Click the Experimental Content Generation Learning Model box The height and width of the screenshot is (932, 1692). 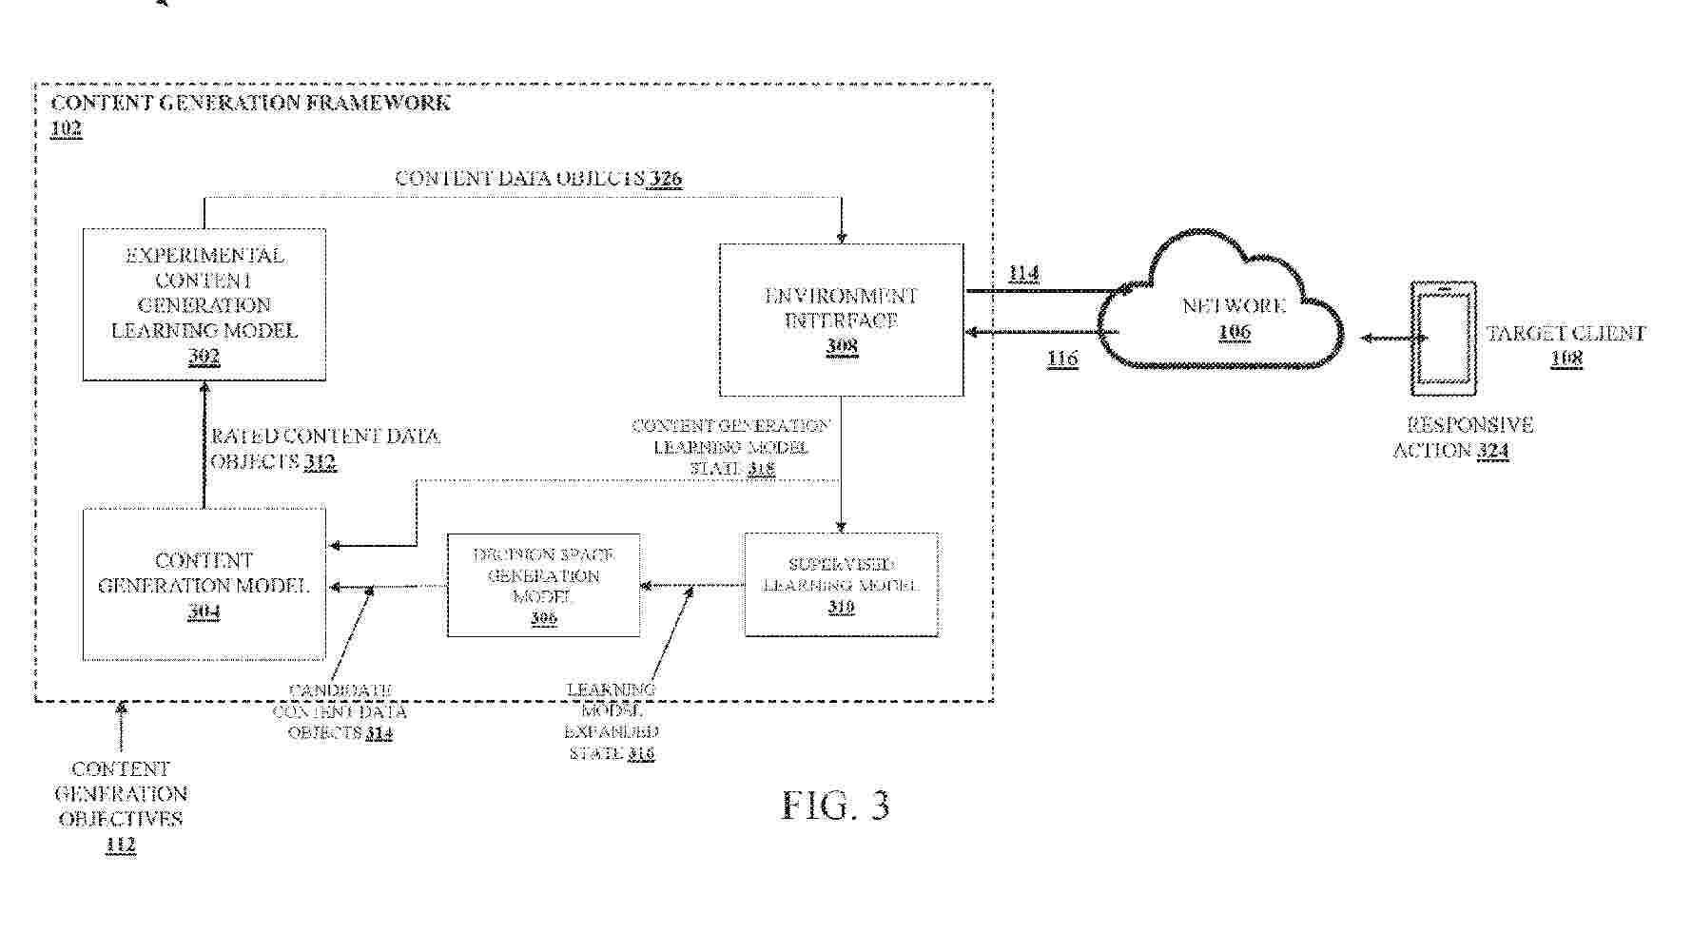pyautogui.click(x=204, y=304)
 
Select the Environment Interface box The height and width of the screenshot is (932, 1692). pyautogui.click(x=841, y=320)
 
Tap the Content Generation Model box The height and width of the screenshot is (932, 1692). pyautogui.click(x=204, y=584)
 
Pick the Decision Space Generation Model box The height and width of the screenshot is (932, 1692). pyautogui.click(x=543, y=585)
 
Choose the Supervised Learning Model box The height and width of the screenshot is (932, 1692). pyautogui.click(x=841, y=584)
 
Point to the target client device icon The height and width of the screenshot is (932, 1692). pyautogui.click(x=1444, y=338)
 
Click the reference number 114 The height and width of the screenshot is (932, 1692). pyautogui.click(x=1023, y=274)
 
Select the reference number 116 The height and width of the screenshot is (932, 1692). pyautogui.click(x=1061, y=359)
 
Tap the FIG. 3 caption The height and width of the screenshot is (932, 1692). pyautogui.click(x=835, y=806)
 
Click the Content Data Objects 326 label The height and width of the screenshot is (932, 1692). pyautogui.click(x=538, y=179)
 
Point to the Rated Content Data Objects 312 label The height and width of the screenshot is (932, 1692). pyautogui.click(x=323, y=449)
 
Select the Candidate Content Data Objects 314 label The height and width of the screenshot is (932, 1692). pyautogui.click(x=340, y=711)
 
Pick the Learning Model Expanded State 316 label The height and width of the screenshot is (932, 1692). pyautogui.click(x=612, y=721)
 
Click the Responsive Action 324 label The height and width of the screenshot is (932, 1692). pyautogui.click(x=1463, y=437)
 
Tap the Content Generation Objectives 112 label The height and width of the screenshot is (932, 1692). pyautogui.click(x=121, y=806)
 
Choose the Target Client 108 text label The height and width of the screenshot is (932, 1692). pyautogui.click(x=1566, y=345)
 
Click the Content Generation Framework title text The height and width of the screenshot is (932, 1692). pyautogui.click(x=250, y=103)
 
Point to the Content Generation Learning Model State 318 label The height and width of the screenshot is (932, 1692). pyautogui.click(x=730, y=447)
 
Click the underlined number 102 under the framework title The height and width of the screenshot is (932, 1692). pyautogui.click(x=66, y=128)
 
